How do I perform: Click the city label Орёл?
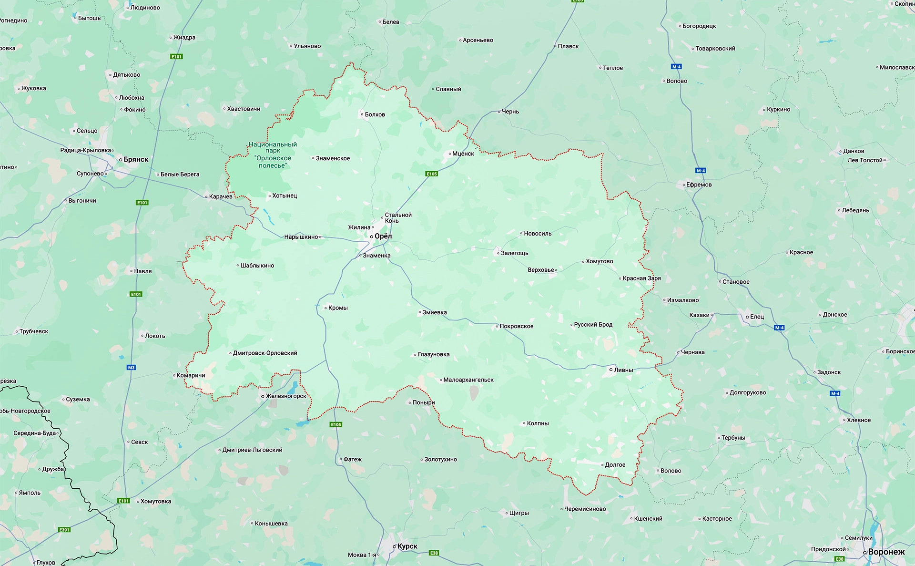(x=383, y=236)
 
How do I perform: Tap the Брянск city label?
(x=136, y=159)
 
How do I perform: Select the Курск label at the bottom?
(x=407, y=546)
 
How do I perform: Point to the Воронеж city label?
(x=886, y=552)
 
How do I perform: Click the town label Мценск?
(x=463, y=154)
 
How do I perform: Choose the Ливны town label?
(x=623, y=370)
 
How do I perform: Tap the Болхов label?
(x=375, y=114)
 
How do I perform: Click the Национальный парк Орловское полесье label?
(x=273, y=155)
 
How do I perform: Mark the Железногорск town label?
(x=286, y=396)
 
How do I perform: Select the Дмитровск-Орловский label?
(x=265, y=353)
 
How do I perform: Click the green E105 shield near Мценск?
(x=431, y=174)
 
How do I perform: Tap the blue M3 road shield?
(x=131, y=367)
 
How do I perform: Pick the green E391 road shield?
(x=64, y=530)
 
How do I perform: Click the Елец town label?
(x=757, y=317)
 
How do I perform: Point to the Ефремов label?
(x=699, y=185)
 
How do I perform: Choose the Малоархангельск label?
(x=468, y=380)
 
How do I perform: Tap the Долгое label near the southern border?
(x=615, y=464)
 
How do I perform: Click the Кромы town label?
(x=338, y=308)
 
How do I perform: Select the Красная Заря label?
(x=641, y=278)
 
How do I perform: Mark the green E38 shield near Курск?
(x=434, y=553)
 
